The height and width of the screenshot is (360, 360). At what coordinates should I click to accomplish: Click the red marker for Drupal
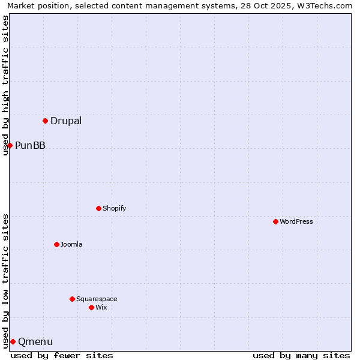[45, 121]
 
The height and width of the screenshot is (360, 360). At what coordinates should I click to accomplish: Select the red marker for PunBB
[10, 145]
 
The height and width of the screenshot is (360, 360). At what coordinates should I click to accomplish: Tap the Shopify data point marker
[98, 208]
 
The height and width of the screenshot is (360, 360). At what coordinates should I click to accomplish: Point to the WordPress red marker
[275, 221]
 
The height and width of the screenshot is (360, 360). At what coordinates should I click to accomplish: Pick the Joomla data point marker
[56, 244]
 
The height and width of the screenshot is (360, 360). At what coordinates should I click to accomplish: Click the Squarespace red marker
[72, 299]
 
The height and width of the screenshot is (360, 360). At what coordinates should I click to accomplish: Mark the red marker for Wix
[91, 307]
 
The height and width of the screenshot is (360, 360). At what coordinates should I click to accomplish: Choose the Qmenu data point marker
[13, 341]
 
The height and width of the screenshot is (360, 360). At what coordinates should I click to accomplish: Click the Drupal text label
[66, 121]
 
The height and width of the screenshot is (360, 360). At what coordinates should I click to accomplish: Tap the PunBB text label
[30, 145]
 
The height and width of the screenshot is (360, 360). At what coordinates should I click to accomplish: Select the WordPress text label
[296, 221]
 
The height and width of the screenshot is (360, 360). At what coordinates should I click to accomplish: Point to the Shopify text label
[114, 208]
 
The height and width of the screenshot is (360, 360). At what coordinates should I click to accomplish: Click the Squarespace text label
[97, 299]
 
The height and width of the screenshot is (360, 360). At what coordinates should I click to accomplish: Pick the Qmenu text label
[35, 342]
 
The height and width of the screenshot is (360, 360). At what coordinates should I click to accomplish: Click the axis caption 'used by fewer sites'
[62, 355]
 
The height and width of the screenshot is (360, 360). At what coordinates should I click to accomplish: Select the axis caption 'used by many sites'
[301, 355]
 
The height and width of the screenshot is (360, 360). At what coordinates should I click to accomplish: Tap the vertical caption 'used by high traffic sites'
[6, 85]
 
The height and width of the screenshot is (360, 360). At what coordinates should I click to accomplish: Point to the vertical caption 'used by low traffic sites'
[6, 280]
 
